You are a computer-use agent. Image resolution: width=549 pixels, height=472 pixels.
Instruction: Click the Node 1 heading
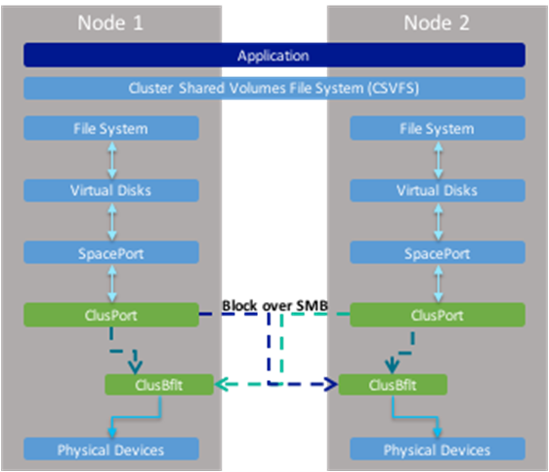tap(110, 23)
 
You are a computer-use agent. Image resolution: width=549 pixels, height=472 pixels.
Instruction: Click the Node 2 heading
tap(437, 23)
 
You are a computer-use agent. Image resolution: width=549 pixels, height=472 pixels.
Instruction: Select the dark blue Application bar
tap(274, 55)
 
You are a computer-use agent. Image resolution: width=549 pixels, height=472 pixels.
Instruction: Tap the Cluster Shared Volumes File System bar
tap(274, 88)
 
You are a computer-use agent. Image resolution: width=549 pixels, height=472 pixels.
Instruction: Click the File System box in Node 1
tap(111, 128)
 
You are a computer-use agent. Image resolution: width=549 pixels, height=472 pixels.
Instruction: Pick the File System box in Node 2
tap(438, 128)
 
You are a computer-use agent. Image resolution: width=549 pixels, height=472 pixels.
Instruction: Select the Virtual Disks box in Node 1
tap(111, 191)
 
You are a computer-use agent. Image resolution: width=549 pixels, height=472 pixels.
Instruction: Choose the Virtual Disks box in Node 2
tap(438, 191)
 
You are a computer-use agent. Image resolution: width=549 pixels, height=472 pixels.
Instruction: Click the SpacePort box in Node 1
tap(111, 252)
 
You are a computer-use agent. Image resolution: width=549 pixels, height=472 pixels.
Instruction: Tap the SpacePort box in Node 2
tap(438, 252)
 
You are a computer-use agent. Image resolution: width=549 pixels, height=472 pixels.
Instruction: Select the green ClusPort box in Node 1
tap(111, 315)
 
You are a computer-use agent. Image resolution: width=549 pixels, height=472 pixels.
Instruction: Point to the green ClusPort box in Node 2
tap(438, 315)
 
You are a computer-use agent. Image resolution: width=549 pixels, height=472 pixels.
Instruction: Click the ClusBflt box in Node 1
tap(159, 385)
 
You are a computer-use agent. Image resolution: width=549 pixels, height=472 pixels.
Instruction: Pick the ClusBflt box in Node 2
tap(393, 385)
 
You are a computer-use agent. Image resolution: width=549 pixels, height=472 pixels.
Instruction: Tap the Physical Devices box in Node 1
tap(111, 449)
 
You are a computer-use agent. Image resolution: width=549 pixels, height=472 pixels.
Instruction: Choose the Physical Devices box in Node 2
tap(438, 449)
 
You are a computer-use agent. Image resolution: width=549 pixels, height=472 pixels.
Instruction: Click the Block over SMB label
tap(275, 305)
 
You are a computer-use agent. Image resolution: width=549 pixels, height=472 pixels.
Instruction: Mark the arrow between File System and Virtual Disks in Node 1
tap(112, 160)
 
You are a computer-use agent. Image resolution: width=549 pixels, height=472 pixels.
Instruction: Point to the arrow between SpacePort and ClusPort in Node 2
tap(439, 283)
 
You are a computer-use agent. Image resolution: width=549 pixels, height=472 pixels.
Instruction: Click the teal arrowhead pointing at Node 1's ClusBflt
tap(222, 384)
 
